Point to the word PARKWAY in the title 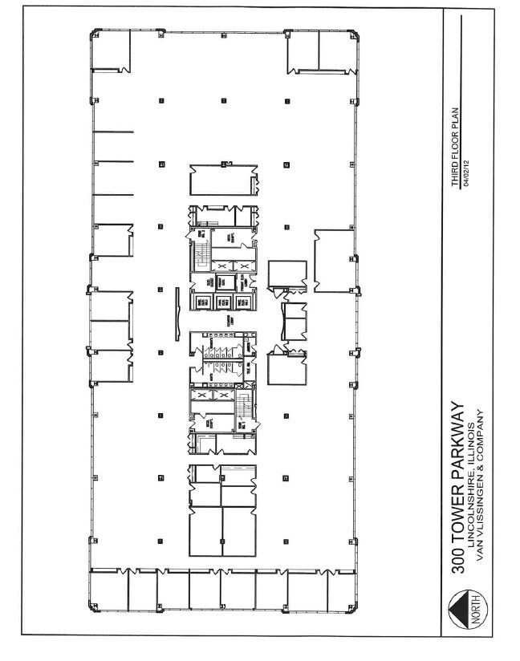coord(459,438)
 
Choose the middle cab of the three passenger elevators coord(221,302)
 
